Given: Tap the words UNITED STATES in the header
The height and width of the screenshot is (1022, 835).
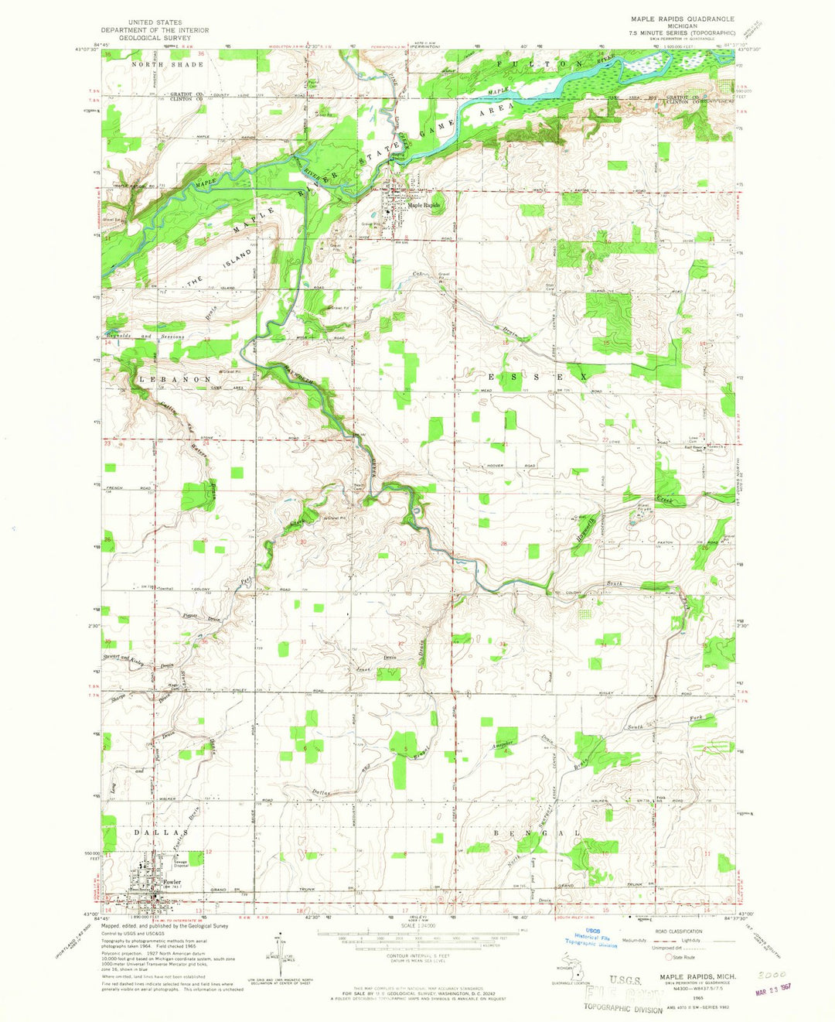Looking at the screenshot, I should click(x=157, y=23).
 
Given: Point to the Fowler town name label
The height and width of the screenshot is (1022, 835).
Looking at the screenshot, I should click(x=172, y=882).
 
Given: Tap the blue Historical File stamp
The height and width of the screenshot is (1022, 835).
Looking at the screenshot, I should click(x=601, y=938).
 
